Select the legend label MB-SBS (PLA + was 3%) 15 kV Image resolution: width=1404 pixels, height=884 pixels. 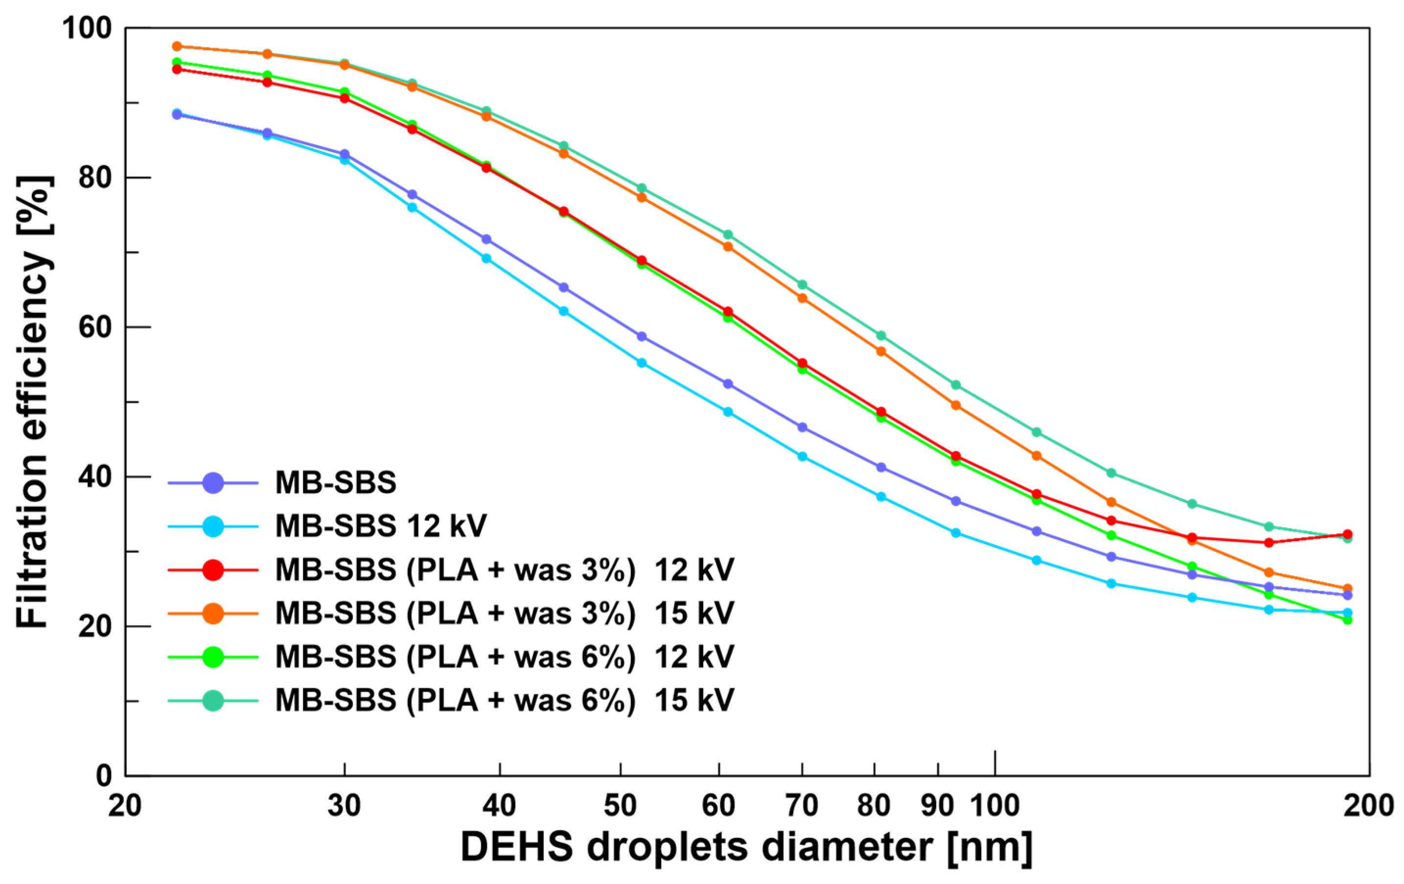(505, 613)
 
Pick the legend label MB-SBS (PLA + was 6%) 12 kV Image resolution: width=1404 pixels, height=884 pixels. (505, 657)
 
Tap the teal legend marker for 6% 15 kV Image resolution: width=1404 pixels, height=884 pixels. (213, 700)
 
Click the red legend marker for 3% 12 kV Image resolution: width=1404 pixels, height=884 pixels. (213, 570)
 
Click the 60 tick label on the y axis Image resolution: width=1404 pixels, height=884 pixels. (94, 327)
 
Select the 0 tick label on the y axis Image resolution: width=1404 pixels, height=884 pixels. (104, 775)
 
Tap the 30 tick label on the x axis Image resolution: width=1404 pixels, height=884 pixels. (344, 806)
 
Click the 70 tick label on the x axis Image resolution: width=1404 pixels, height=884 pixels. (802, 806)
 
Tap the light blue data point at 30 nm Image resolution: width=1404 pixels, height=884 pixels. (345, 159)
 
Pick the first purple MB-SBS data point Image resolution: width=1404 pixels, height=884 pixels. (177, 115)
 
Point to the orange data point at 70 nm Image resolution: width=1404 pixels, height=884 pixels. (802, 298)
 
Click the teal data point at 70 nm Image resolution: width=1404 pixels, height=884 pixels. (802, 284)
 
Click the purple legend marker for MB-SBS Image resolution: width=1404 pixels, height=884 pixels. (213, 482)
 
